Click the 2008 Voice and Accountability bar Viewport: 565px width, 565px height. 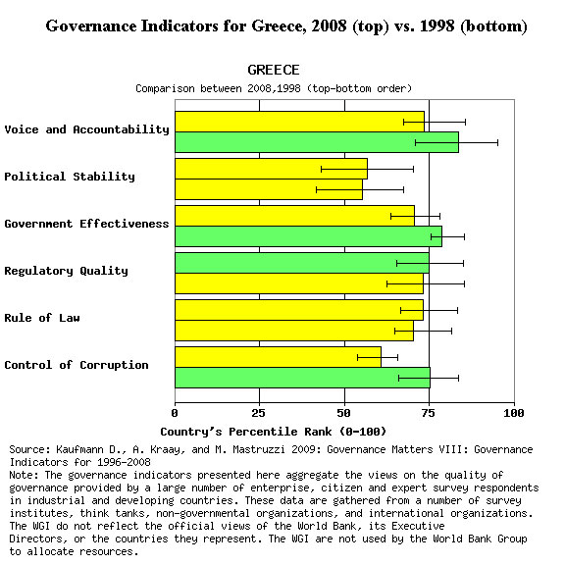pos(299,122)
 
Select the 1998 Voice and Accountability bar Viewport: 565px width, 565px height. pos(317,142)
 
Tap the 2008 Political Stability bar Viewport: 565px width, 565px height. pos(271,169)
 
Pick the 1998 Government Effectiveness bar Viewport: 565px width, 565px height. pos(308,236)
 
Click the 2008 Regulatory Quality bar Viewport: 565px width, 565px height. pos(302,263)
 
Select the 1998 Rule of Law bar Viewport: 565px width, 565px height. pos(294,331)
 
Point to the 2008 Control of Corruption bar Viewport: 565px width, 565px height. pos(278,357)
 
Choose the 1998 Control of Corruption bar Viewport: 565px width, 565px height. pos(302,378)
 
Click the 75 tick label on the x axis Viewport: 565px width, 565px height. pos(429,413)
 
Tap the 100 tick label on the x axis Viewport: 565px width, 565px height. pos(514,413)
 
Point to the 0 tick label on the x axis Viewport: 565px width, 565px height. pos(175,413)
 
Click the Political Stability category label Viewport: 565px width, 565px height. pos(70,177)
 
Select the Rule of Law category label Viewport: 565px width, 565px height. pos(42,318)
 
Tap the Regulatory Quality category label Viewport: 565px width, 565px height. pos(67,271)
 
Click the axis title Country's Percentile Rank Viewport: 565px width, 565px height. pos(273,432)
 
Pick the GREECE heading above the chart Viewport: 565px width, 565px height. pos(274,70)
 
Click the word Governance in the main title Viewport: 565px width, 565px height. pos(91,26)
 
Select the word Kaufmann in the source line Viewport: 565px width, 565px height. pos(79,449)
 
